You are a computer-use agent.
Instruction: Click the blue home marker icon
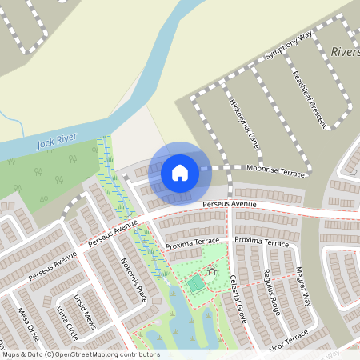(180, 172)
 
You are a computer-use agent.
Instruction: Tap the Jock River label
(57, 142)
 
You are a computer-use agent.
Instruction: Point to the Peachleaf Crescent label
(310, 101)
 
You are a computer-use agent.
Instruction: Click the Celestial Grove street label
(238, 295)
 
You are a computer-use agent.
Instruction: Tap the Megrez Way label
(302, 286)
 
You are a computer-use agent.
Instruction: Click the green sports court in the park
(195, 283)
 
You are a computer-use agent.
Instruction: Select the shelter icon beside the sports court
(213, 272)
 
